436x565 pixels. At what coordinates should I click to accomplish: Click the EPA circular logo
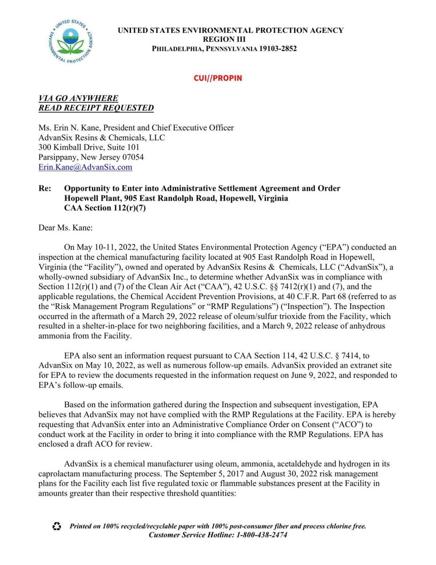(x=70, y=41)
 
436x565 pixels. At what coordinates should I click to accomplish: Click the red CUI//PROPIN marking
(x=218, y=78)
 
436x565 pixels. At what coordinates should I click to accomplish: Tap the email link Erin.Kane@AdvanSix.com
(x=85, y=167)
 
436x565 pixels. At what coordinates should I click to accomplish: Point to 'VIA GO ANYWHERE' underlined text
(x=78, y=98)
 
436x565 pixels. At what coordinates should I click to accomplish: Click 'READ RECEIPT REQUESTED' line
(x=96, y=108)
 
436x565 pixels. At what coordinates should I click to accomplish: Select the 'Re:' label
(x=45, y=188)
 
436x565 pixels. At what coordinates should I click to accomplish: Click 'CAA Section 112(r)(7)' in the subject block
(x=105, y=208)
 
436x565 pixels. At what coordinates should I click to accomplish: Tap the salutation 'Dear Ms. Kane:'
(x=65, y=228)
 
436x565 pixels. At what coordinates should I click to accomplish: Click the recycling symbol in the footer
(x=57, y=526)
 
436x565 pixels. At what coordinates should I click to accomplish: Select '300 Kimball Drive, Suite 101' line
(x=89, y=148)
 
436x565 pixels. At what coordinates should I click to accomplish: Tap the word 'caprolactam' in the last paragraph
(x=59, y=474)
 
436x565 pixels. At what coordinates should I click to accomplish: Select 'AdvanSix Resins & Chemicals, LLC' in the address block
(x=101, y=138)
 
